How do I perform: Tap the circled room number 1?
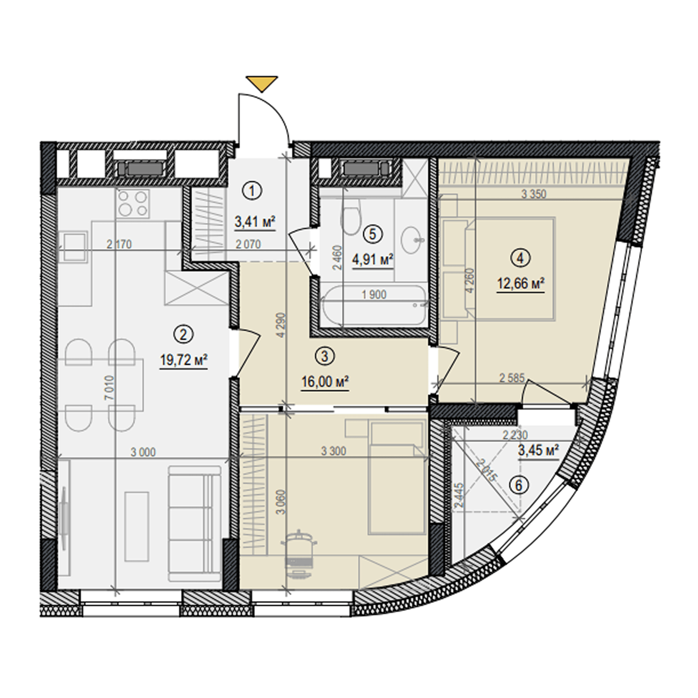pyautogui.click(x=253, y=191)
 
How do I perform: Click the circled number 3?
pyautogui.click(x=324, y=356)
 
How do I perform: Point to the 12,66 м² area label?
pyautogui.click(x=521, y=283)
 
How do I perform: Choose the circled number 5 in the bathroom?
pyautogui.click(x=372, y=234)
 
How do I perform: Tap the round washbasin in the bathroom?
pyautogui.click(x=412, y=240)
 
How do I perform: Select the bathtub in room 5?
pyautogui.click(x=374, y=305)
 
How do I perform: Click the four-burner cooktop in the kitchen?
pyautogui.click(x=133, y=203)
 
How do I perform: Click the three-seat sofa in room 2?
pyautogui.click(x=195, y=523)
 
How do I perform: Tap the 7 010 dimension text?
pyautogui.click(x=109, y=388)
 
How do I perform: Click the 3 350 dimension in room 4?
pyautogui.click(x=534, y=194)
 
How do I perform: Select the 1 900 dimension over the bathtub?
pyautogui.click(x=374, y=295)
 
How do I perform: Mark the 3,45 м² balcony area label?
pyautogui.click(x=538, y=450)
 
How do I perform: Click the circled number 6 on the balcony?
pyautogui.click(x=519, y=485)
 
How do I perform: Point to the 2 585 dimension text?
pyautogui.click(x=512, y=378)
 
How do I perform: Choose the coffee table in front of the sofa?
pyautogui.click(x=137, y=526)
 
